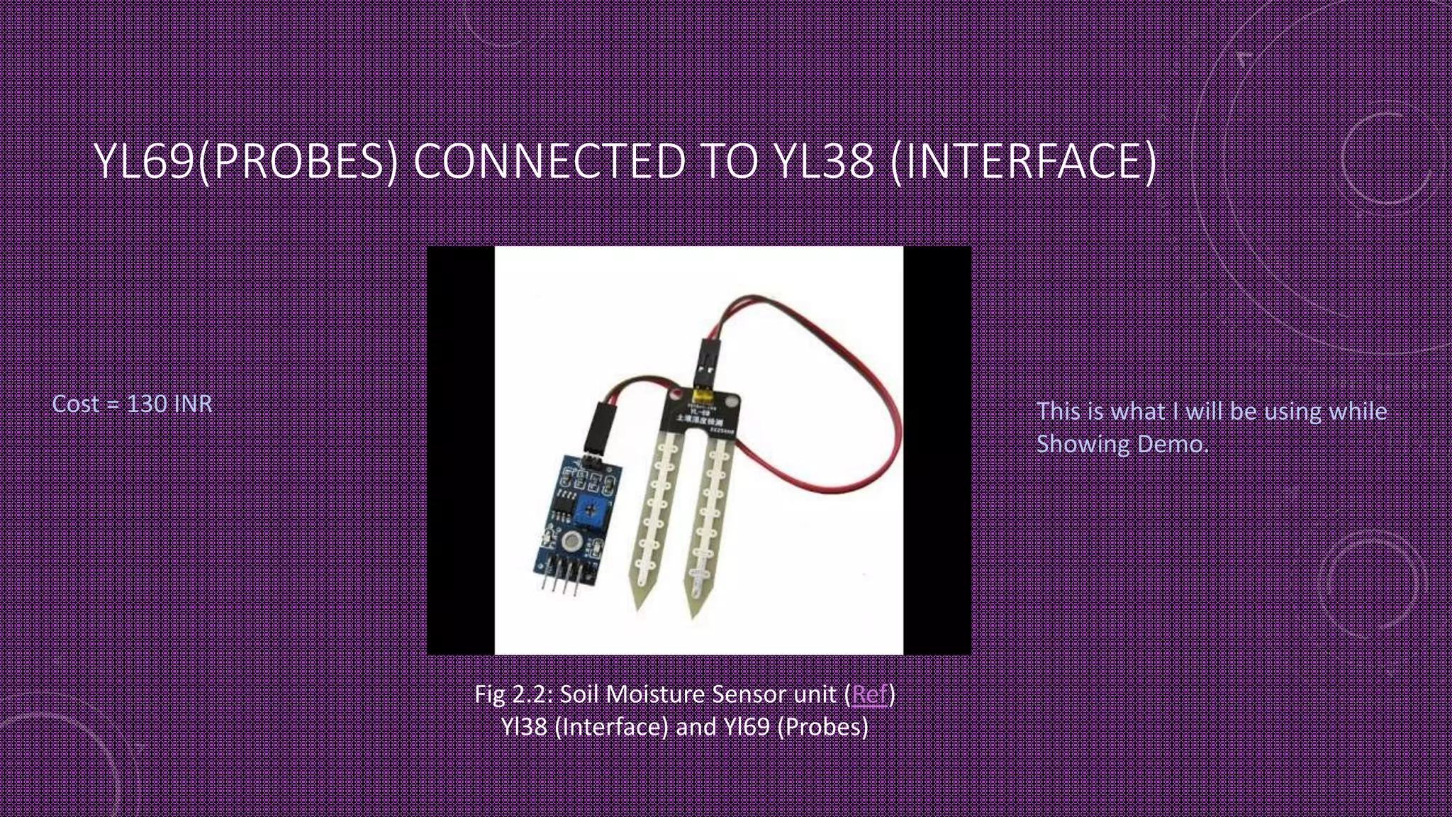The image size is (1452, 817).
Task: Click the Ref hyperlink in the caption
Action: [x=869, y=694]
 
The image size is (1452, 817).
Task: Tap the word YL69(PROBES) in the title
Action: [x=245, y=161]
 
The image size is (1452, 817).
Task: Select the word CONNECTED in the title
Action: [x=549, y=161]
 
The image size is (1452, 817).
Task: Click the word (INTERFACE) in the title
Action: [x=1022, y=161]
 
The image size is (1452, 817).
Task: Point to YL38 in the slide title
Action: [x=823, y=161]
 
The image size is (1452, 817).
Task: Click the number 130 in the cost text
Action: [x=147, y=404]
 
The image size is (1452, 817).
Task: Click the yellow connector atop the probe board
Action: [x=702, y=391]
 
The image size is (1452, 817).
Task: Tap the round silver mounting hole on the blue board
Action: [x=570, y=543]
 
